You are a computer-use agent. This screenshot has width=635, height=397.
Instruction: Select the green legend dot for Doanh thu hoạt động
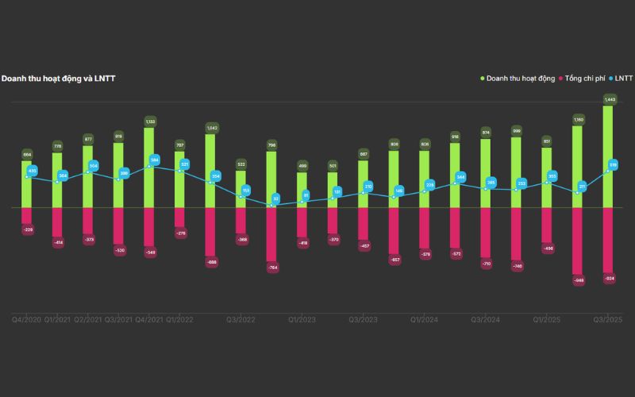482,79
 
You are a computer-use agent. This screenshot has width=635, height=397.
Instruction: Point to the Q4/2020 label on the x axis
26,319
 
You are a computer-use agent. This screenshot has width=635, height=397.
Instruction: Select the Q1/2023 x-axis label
302,319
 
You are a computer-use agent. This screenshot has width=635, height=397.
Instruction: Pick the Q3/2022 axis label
241,319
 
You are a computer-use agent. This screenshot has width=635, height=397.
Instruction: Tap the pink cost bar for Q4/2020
27,216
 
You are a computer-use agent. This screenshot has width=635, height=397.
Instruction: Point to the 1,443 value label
610,99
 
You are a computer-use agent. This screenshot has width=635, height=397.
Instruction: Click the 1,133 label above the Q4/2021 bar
149,121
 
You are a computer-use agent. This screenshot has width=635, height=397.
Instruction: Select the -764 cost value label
271,268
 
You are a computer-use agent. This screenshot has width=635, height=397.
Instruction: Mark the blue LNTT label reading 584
155,160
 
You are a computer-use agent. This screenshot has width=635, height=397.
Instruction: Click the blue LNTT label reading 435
33,171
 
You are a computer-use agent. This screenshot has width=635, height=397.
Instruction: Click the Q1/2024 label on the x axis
425,319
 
